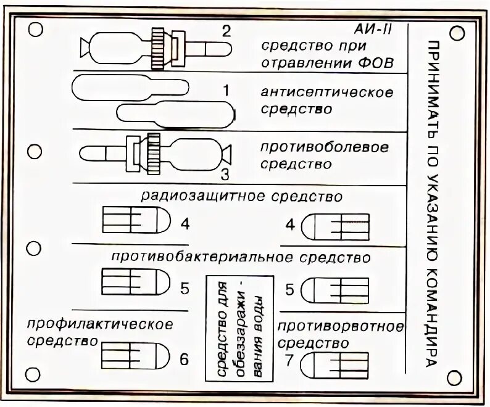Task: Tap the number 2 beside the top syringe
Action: coord(227,31)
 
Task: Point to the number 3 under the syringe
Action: coord(225,175)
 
